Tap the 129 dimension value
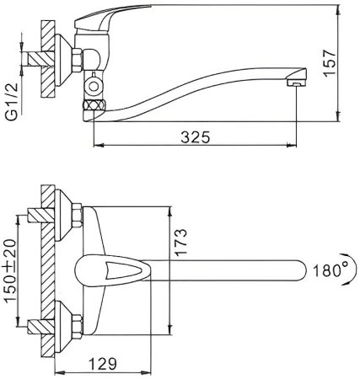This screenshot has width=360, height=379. click(x=103, y=367)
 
